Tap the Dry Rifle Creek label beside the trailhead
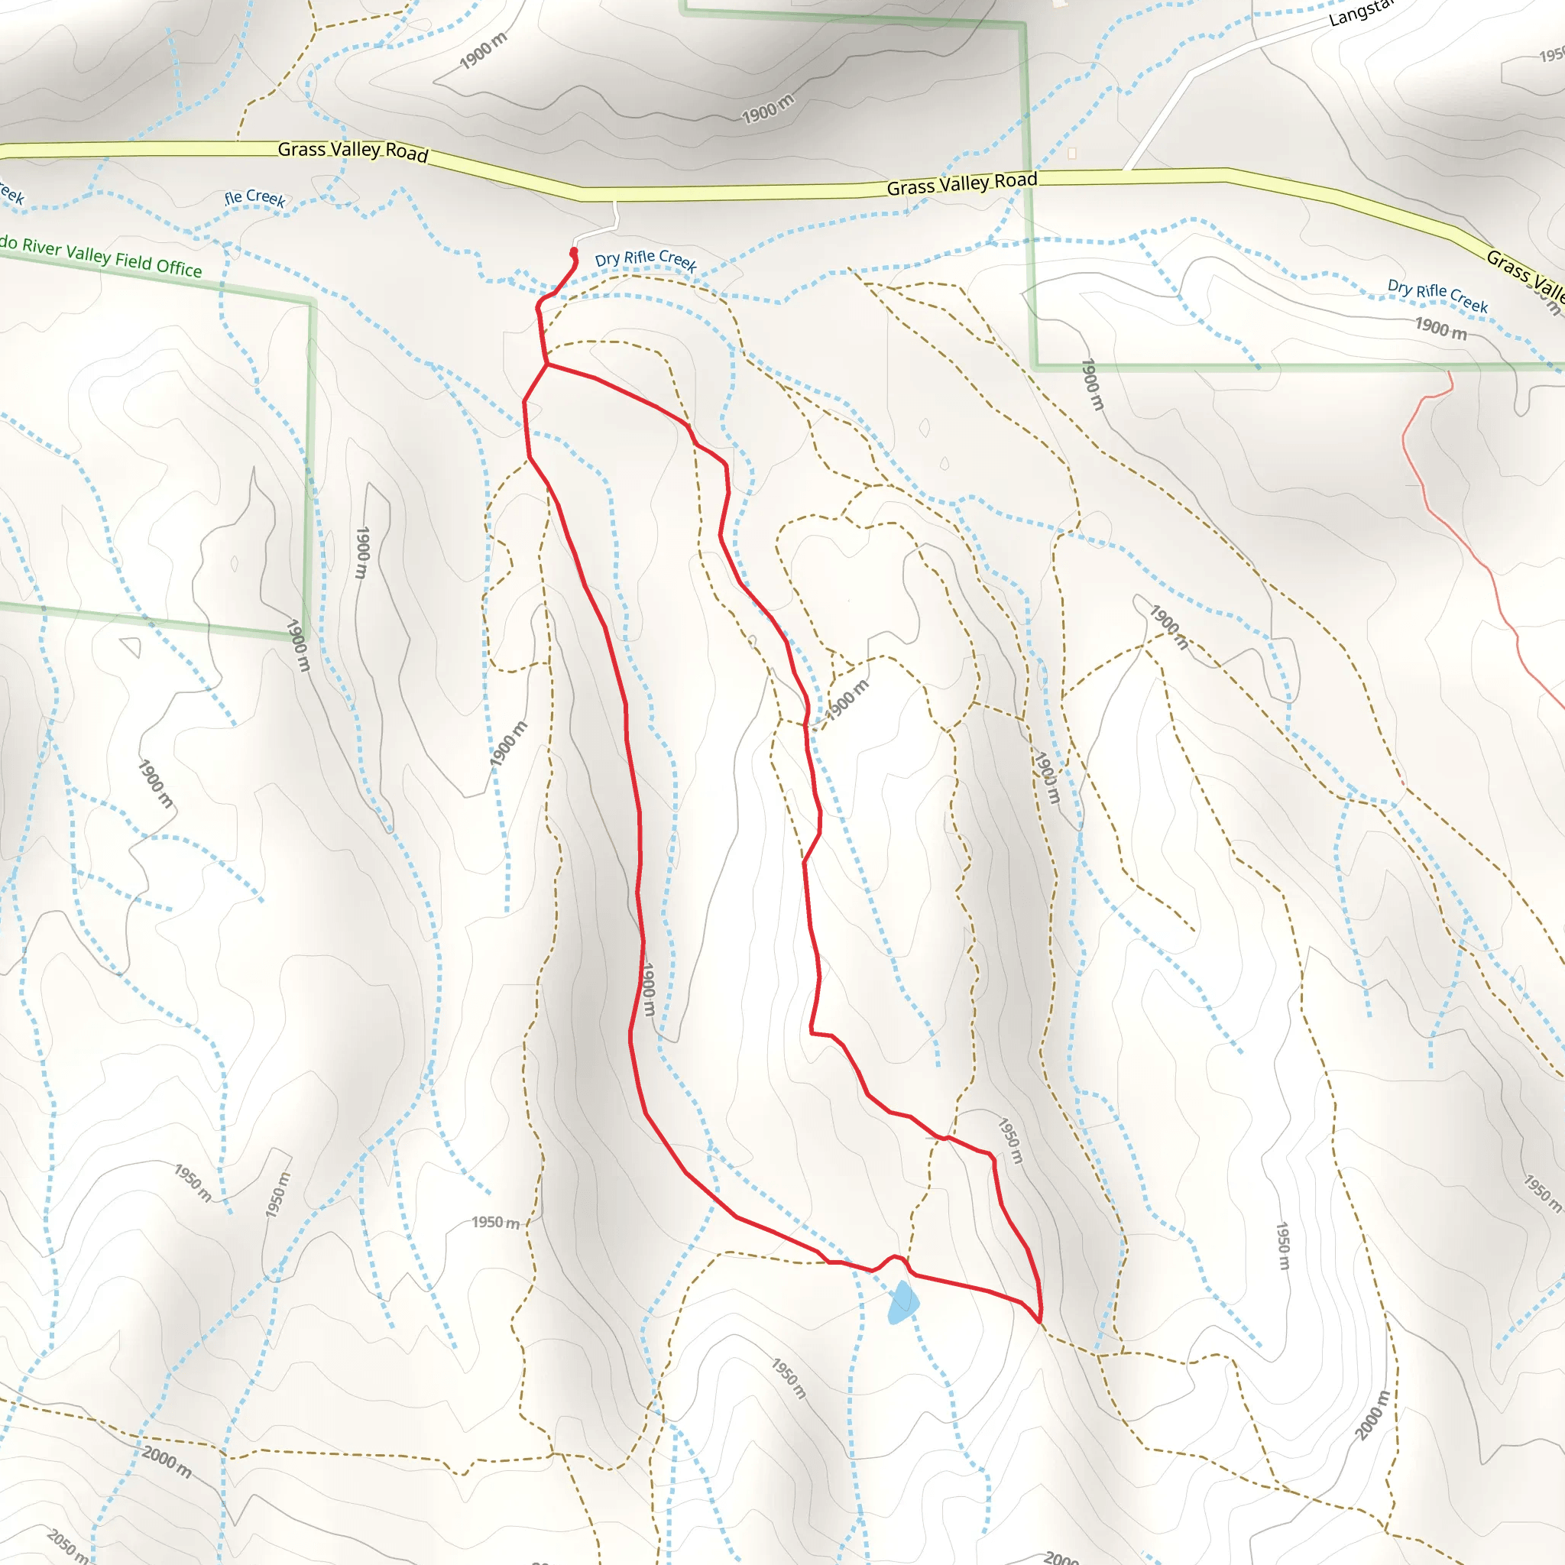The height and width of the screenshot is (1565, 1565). (x=646, y=260)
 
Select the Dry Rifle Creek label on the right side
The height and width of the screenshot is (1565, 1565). (x=1437, y=296)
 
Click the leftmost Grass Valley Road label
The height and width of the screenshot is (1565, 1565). (x=352, y=151)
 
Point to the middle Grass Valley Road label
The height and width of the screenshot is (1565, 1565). (x=961, y=184)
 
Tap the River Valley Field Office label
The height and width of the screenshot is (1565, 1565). (x=102, y=256)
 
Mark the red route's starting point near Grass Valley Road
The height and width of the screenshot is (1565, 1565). (x=574, y=252)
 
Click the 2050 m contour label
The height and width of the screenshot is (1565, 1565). (x=67, y=1544)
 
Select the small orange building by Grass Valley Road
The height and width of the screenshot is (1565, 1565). (x=1071, y=153)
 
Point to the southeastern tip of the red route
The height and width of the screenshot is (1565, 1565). (x=1039, y=1322)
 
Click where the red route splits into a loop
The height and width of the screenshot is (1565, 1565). (x=548, y=365)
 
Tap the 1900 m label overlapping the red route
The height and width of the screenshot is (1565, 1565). (x=648, y=989)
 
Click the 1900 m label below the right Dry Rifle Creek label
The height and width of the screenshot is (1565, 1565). (x=1440, y=328)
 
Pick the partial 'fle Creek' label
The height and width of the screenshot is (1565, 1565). (x=255, y=198)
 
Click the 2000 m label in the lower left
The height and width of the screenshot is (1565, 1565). (x=167, y=1461)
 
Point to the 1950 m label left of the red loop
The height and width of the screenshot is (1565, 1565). (x=496, y=1222)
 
